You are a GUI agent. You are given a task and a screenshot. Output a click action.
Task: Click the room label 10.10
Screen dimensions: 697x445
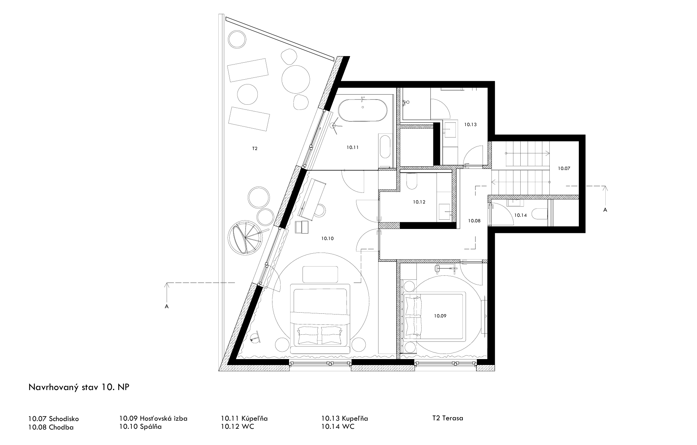coord(327,239)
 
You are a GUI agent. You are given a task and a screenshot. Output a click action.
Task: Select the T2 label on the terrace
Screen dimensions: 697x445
coord(255,149)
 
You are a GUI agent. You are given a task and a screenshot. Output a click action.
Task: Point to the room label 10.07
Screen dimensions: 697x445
coord(564,168)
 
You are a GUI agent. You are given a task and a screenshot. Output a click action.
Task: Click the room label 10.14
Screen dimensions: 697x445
coord(520,215)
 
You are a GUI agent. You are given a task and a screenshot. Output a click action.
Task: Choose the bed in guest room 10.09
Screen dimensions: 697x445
coord(434,316)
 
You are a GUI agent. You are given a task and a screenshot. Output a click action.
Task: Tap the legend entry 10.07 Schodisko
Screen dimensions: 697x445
coord(54,419)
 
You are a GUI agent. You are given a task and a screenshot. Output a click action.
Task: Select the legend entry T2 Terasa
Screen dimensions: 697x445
coord(448,418)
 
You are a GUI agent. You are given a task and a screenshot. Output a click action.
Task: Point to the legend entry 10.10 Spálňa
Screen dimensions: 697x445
coord(141,427)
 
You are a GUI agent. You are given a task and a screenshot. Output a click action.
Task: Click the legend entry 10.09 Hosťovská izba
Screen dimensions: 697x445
coord(154,418)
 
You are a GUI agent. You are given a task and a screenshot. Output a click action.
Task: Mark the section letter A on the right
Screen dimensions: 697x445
coord(605,210)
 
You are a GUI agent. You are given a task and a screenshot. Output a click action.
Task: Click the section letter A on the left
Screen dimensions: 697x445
coord(167,306)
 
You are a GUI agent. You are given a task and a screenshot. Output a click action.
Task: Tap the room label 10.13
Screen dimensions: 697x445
coord(471,125)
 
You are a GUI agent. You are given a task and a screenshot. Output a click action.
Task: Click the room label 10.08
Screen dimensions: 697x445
coord(474,221)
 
